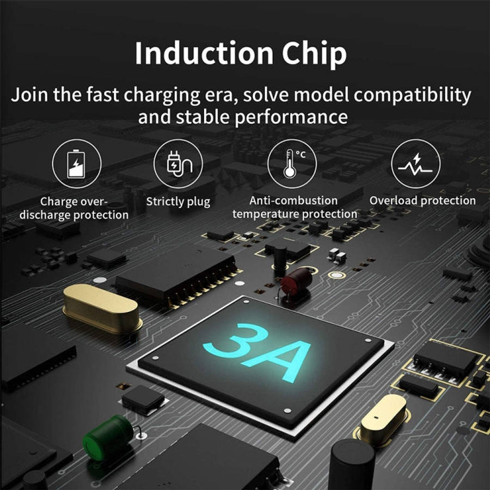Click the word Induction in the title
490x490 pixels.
(204, 53)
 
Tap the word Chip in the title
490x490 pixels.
(314, 54)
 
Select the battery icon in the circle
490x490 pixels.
(76, 164)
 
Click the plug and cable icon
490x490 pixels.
(179, 164)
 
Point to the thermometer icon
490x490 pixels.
(290, 164)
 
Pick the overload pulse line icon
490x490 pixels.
(415, 164)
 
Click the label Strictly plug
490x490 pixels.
(178, 202)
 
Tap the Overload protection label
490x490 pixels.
(422, 200)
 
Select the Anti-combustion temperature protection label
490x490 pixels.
(295, 207)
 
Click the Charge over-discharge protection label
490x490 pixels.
(74, 208)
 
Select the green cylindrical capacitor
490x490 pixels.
(108, 437)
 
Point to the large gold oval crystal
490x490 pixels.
(102, 308)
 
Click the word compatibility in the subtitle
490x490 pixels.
(412, 95)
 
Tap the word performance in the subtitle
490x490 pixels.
(291, 118)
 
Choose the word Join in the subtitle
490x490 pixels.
(29, 94)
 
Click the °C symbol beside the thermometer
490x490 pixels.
(301, 155)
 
